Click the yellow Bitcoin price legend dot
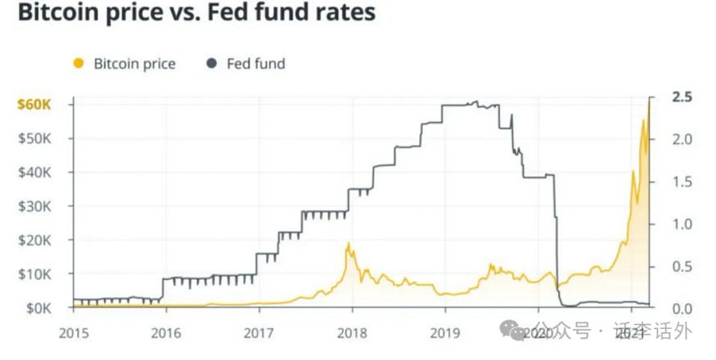pyautogui.click(x=79, y=63)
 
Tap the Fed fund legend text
pyautogui.click(x=255, y=63)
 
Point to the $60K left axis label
pyautogui.click(x=34, y=105)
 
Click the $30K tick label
pyautogui.click(x=35, y=206)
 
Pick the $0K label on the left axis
pyautogui.click(x=38, y=308)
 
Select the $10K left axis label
pyautogui.click(x=35, y=273)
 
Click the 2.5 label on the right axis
pyautogui.click(x=682, y=97)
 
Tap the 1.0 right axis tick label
pyautogui.click(x=682, y=223)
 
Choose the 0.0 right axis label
pyautogui.click(x=682, y=308)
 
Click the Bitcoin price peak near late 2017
pyautogui.click(x=349, y=244)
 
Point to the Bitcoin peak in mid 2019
pyautogui.click(x=491, y=265)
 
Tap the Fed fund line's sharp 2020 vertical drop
pyautogui.click(x=556, y=237)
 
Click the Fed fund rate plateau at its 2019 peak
pyautogui.click(x=471, y=105)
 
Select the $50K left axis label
pyautogui.click(x=35, y=138)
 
